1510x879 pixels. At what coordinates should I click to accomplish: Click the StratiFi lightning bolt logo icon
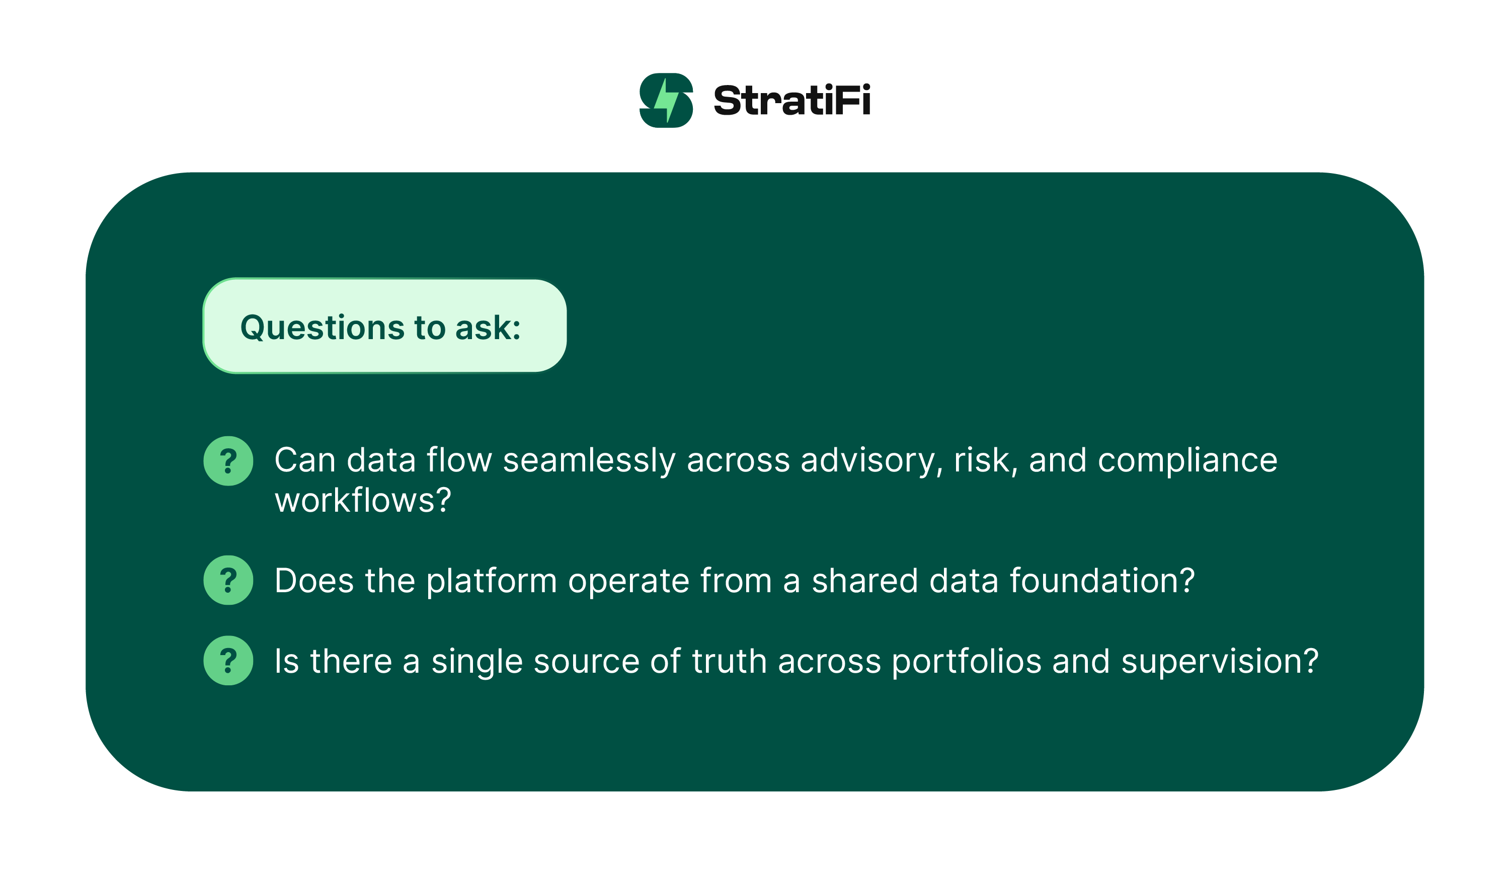pos(666,100)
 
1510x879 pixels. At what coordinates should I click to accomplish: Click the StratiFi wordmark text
pos(791,100)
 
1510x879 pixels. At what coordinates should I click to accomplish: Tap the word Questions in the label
pos(323,329)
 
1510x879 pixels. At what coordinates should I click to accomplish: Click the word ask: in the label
pos(489,329)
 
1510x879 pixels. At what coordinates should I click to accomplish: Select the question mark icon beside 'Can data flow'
pos(228,461)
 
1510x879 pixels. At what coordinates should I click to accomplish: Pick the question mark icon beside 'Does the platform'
pos(228,580)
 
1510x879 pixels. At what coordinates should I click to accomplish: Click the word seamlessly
pos(589,461)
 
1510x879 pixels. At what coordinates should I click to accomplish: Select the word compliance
pos(1187,461)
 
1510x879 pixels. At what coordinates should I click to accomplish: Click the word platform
pos(492,582)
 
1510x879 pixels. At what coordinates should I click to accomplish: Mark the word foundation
pos(1102,581)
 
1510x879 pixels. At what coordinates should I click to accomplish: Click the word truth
pos(729,662)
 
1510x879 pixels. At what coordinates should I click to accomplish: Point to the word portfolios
pos(967,662)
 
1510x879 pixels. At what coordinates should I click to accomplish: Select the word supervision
pos(1219,662)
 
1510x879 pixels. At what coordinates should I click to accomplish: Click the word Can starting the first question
pos(304,461)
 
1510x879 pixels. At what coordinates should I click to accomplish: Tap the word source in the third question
pos(587,662)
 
